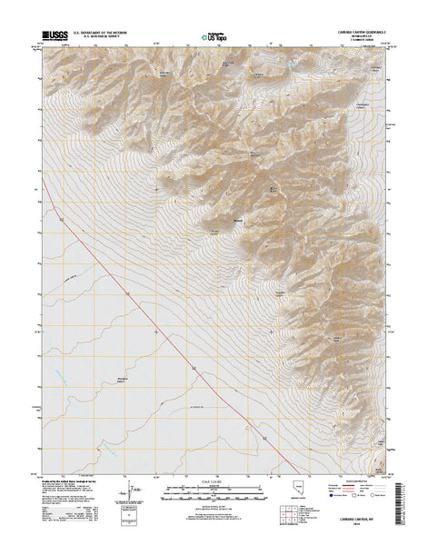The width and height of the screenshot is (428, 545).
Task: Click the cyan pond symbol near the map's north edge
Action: click(x=294, y=67)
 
